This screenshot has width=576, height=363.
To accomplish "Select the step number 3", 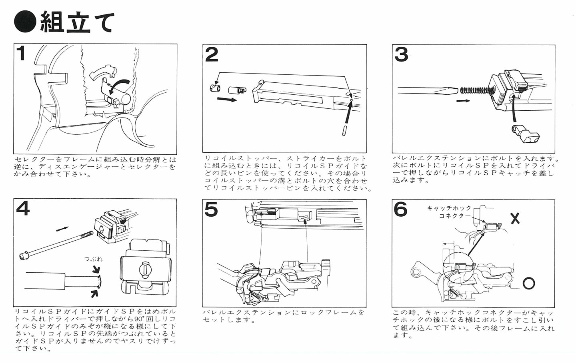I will click(x=401, y=54).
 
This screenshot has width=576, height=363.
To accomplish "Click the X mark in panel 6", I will click(x=515, y=218).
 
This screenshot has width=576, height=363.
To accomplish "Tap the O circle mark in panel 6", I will click(x=529, y=283).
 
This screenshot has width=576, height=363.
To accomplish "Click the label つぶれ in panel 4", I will click(x=93, y=259).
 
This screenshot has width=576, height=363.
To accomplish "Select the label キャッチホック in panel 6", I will click(x=449, y=208).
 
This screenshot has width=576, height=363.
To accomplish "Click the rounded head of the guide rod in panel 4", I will click(x=23, y=255).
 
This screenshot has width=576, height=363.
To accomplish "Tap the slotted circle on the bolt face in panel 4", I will click(x=145, y=269).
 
